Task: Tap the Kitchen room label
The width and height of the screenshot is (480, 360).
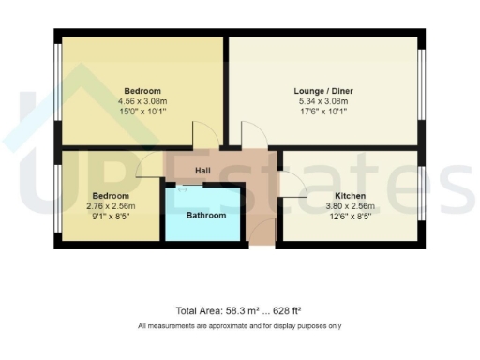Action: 350,196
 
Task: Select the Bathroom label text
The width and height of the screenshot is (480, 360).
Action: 205,216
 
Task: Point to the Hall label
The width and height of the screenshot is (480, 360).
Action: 202,171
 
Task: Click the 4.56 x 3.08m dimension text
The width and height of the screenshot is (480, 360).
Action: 141,101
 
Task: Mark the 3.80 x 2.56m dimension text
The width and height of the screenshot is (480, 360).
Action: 350,206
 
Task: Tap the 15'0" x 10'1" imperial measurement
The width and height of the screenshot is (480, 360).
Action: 141,111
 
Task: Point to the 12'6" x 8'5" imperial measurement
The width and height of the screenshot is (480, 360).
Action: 350,216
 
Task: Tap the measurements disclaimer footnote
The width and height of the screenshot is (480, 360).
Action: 239,325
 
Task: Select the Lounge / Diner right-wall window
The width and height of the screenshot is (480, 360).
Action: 421,91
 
